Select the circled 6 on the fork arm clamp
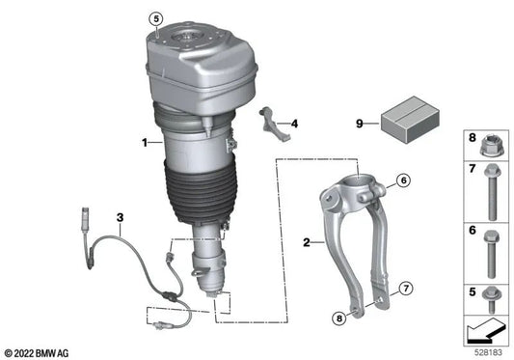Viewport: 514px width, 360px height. [403, 180]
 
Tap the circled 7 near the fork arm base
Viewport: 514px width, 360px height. [405, 288]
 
